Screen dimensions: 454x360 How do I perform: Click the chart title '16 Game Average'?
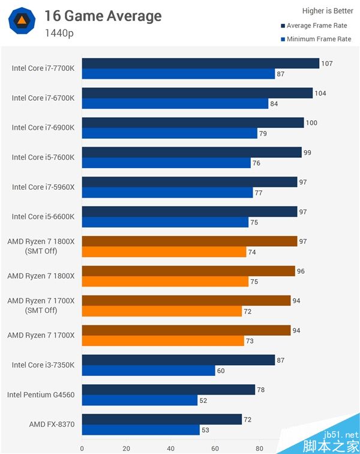[103, 16]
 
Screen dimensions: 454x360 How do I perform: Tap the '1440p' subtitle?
[59, 33]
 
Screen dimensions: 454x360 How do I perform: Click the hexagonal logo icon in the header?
[21, 21]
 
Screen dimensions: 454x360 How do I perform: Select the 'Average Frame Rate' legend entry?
[317, 26]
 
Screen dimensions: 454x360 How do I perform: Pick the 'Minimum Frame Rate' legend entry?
[319, 39]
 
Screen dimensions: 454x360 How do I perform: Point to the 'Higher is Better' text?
[328, 11]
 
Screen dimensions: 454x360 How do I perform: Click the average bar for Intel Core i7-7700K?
[200, 64]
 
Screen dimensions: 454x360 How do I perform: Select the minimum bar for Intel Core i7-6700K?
[175, 103]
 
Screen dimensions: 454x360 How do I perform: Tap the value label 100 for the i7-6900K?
[311, 123]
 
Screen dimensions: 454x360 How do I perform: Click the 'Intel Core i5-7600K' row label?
[43, 157]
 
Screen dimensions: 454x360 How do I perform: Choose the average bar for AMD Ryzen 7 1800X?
[188, 271]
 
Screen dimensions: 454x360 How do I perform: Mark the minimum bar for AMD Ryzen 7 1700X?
[163, 340]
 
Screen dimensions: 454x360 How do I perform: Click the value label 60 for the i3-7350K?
[221, 371]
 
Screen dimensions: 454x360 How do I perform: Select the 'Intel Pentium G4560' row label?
[41, 395]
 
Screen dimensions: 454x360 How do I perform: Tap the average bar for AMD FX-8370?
[162, 419]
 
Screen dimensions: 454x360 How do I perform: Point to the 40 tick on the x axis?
[170, 447]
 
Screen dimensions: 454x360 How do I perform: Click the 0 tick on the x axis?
[82, 447]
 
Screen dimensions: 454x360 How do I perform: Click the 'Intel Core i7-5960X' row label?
[43, 187]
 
